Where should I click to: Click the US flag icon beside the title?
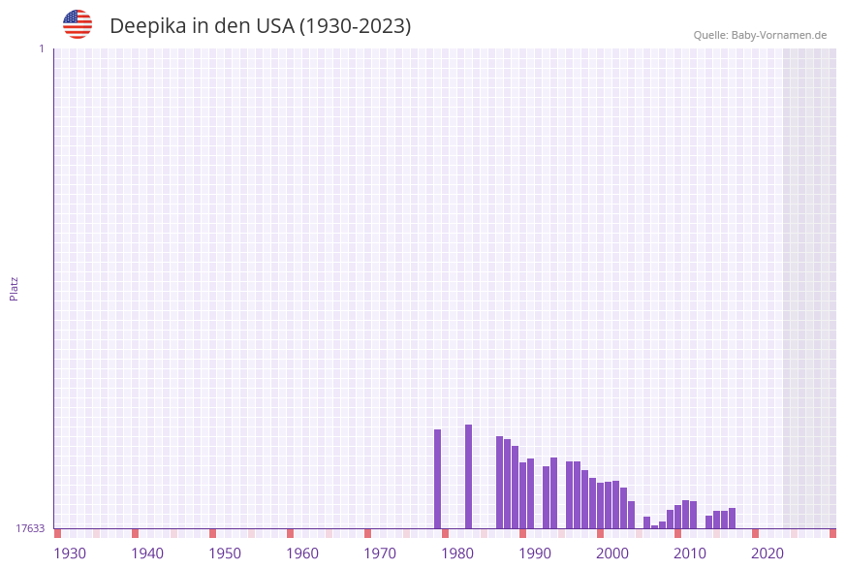click(78, 24)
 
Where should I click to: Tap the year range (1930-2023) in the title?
click(355, 26)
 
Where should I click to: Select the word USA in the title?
click(274, 26)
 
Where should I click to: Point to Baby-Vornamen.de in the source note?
click(779, 35)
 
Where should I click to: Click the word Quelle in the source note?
click(710, 35)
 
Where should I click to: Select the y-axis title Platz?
click(15, 288)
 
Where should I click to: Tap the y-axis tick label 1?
click(41, 48)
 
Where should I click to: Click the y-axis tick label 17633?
click(30, 528)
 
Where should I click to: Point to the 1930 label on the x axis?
click(70, 553)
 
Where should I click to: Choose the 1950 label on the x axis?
click(225, 553)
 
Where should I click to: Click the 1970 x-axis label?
click(380, 553)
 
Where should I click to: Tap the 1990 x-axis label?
click(535, 553)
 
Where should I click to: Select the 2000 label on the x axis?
click(612, 553)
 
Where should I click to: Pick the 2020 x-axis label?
click(768, 553)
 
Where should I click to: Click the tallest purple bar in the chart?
click(468, 476)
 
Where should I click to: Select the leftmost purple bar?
click(437, 479)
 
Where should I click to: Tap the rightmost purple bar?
click(732, 518)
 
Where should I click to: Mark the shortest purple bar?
click(654, 526)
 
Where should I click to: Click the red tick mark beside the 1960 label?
click(290, 533)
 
